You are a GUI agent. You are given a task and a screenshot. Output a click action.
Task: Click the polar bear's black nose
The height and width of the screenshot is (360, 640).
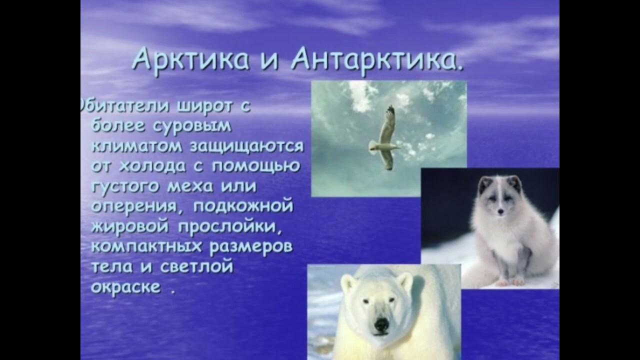381,325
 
